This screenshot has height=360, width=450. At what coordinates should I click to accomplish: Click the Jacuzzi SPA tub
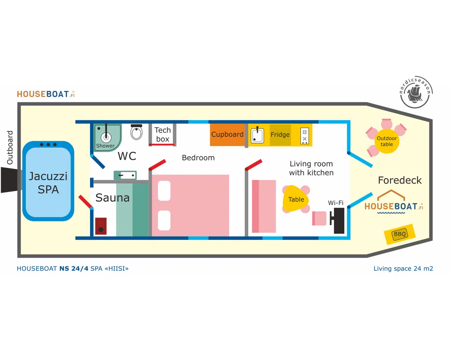tap(48, 182)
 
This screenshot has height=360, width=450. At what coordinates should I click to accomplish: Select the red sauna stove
tap(101, 226)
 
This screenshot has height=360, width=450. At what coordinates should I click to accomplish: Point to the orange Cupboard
tap(227, 135)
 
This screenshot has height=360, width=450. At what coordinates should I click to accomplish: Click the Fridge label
tap(280, 135)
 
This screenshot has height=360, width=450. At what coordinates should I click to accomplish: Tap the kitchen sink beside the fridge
tap(257, 135)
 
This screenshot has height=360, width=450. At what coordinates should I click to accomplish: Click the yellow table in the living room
tap(296, 199)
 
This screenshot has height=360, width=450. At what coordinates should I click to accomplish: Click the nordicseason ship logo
tap(416, 92)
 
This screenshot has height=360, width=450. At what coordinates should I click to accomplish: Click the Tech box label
tap(162, 135)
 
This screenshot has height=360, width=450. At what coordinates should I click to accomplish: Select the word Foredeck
tap(400, 180)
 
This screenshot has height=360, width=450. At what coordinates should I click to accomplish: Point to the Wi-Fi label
tap(335, 203)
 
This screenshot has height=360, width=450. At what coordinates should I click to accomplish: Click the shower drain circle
tap(106, 137)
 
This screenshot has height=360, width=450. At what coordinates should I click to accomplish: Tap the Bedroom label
tap(198, 158)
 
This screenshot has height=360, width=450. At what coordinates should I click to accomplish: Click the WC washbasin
tap(125, 175)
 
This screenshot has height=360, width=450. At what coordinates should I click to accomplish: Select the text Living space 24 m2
tap(403, 269)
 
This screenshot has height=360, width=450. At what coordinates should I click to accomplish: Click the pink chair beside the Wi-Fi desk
tap(319, 218)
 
